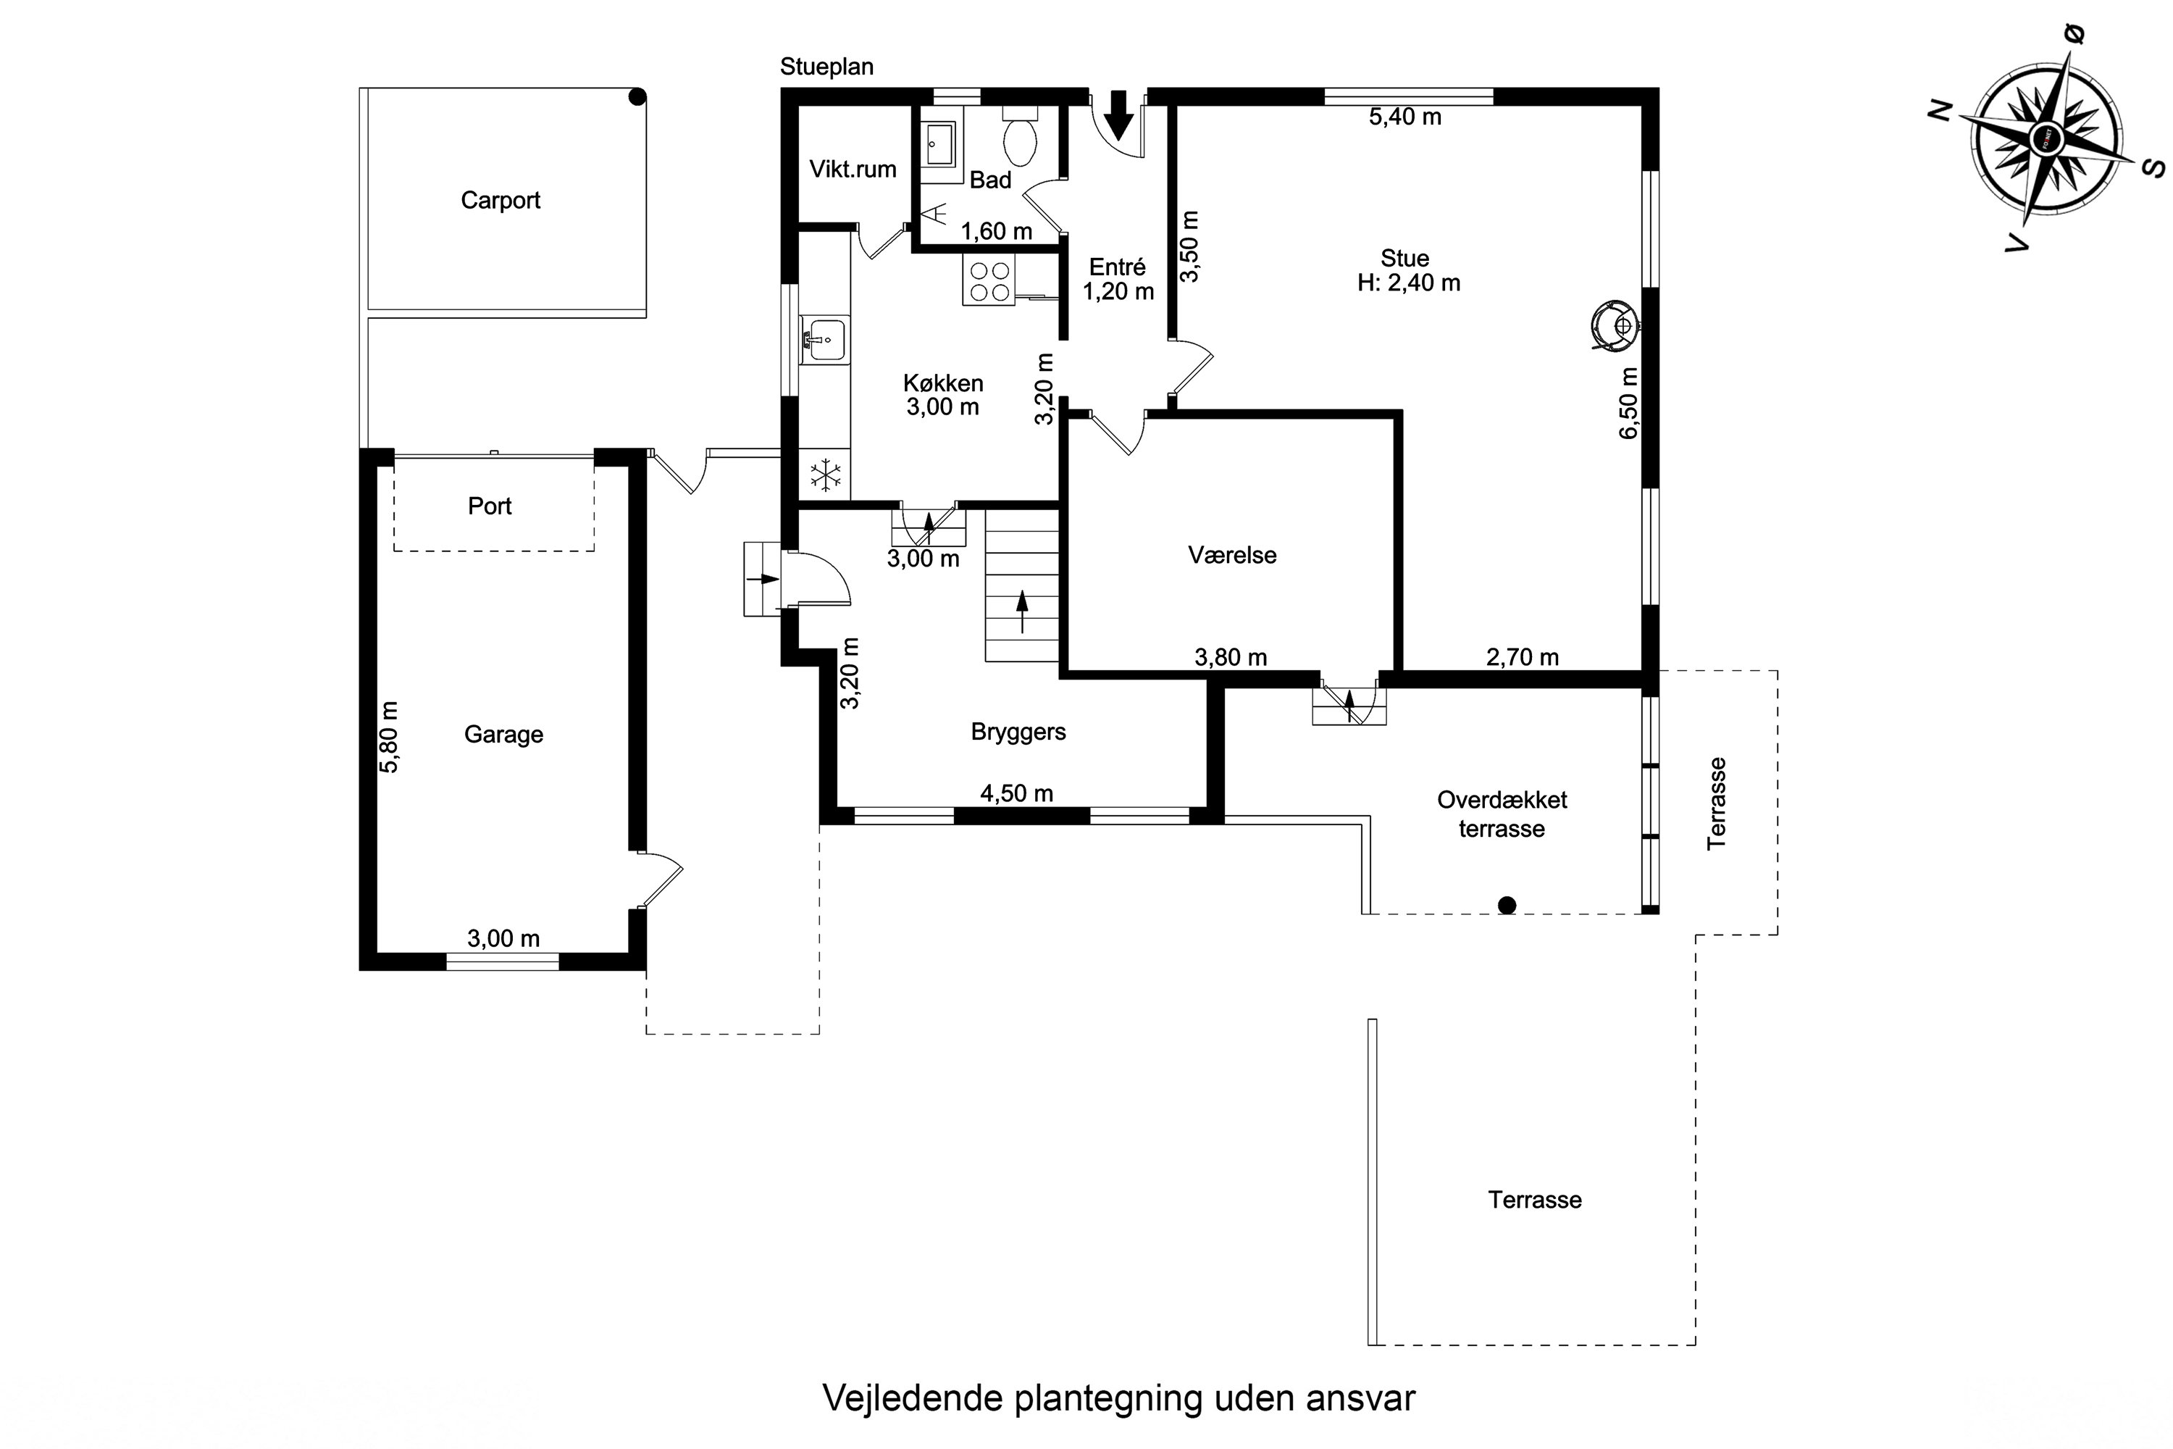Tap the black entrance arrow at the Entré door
click(1119, 115)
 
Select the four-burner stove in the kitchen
click(989, 281)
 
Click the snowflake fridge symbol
click(825, 476)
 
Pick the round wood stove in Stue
click(1614, 325)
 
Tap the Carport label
click(500, 200)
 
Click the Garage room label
click(503, 734)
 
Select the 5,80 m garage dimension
click(389, 737)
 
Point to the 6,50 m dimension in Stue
click(1629, 403)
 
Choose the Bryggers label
click(1018, 731)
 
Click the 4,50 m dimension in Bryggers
click(1016, 793)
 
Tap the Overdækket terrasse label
click(1502, 814)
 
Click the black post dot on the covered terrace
click(1507, 905)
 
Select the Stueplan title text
click(827, 67)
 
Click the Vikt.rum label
click(853, 169)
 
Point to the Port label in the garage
click(490, 506)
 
